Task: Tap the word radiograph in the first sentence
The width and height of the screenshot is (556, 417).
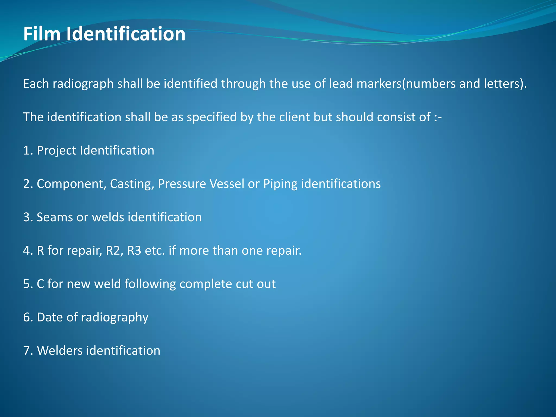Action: click(x=83, y=84)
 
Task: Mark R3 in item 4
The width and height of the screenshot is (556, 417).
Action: click(x=134, y=251)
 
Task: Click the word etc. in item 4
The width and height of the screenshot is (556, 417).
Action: click(x=155, y=251)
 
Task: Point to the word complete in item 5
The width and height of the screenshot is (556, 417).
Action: click(x=206, y=284)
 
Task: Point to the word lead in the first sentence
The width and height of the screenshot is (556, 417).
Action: click(x=341, y=84)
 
